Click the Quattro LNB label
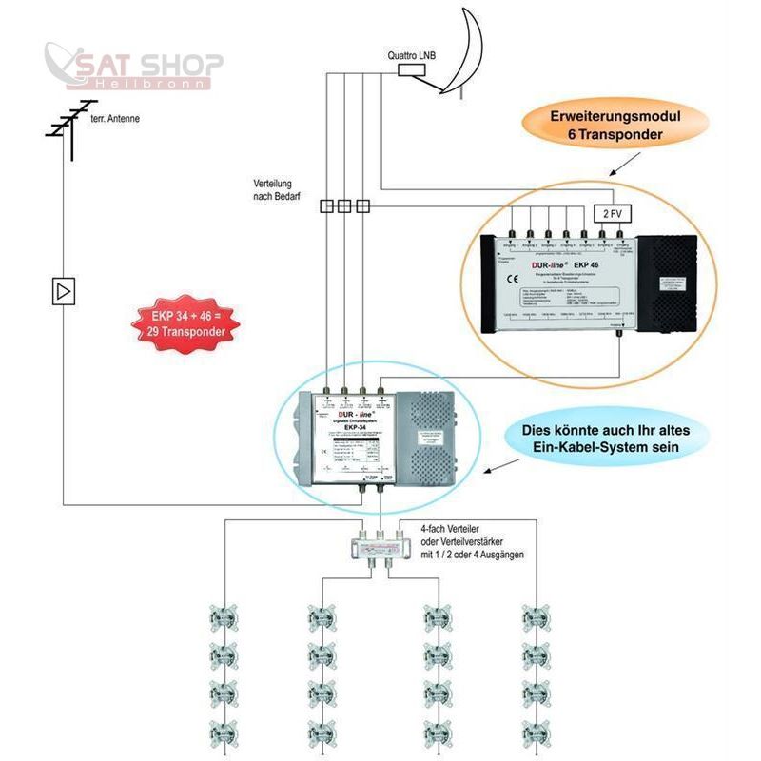[411, 54]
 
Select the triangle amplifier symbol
[64, 291]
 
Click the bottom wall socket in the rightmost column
[536, 731]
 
